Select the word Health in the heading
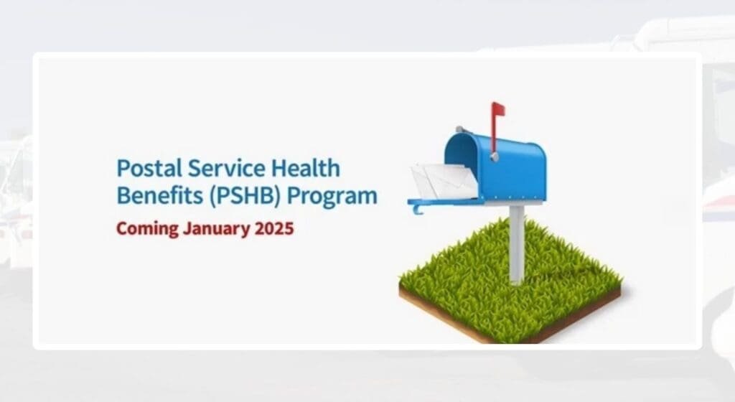[296, 169]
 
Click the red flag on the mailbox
[498, 108]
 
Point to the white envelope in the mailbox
[443, 180]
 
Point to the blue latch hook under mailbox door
[417, 209]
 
